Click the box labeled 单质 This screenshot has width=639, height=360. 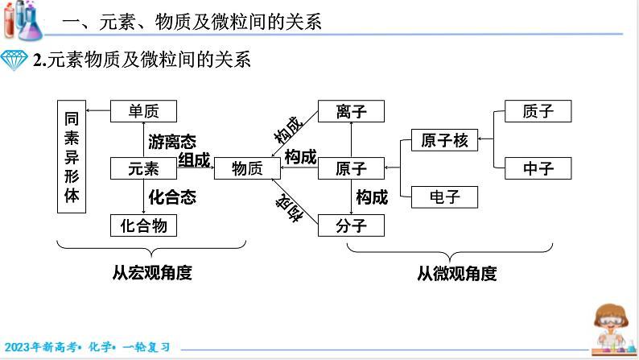pos(143,111)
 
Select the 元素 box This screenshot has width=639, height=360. pos(143,168)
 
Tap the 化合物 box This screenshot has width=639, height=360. pos(143,225)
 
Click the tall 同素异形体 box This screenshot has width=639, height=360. pos(72,156)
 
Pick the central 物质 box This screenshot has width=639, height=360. pos(247,168)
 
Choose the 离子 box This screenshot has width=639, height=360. pos(351,111)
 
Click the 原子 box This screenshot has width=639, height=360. pos(351,168)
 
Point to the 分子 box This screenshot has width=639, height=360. pos(351,225)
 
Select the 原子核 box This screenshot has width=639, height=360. pos(444,140)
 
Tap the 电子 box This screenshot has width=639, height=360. pos(444,197)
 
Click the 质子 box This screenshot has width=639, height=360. pos(538,111)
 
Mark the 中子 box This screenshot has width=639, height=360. pos(538,168)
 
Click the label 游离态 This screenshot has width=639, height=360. pos(172,143)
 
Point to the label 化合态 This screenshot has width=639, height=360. pos(172,196)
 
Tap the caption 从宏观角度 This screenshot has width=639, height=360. pos(153,273)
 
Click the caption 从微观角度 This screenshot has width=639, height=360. pos(456,273)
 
